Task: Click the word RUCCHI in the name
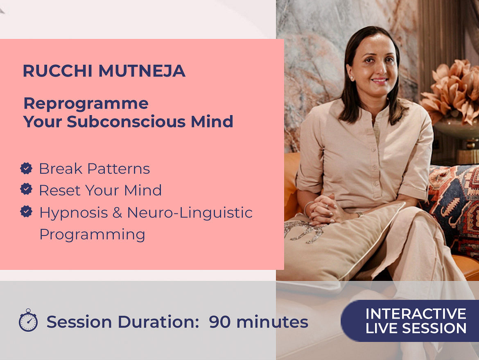(x=58, y=71)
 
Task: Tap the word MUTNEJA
(x=142, y=71)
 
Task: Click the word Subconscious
(x=126, y=121)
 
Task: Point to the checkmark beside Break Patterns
(x=26, y=168)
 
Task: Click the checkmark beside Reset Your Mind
(x=26, y=189)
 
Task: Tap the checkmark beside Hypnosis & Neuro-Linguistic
(x=26, y=211)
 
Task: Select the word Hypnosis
(x=74, y=213)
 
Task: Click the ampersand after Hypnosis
(x=117, y=213)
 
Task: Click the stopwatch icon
(x=28, y=320)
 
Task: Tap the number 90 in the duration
(x=219, y=322)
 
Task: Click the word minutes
(x=273, y=322)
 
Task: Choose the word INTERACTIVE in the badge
(x=416, y=314)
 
